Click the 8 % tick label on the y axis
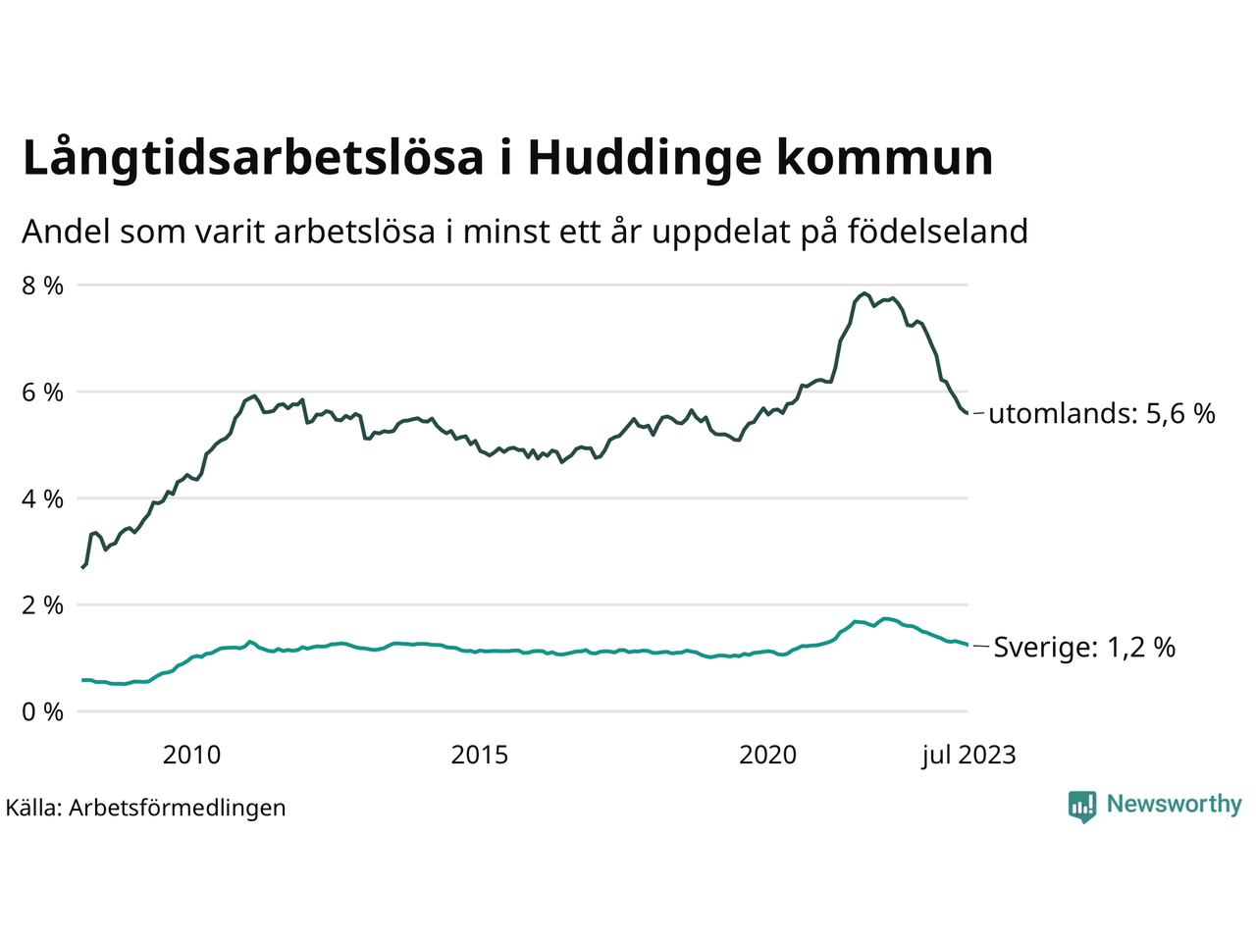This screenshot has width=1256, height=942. [x=42, y=286]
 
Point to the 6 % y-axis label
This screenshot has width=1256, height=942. [x=42, y=392]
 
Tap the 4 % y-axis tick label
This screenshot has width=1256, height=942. [x=42, y=499]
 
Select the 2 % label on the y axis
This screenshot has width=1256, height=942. [x=42, y=605]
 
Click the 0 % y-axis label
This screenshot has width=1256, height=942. [x=42, y=712]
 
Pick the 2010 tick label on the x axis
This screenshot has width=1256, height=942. [x=191, y=755]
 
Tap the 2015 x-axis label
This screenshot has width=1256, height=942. [x=480, y=755]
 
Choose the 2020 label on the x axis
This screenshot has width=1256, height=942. [x=768, y=755]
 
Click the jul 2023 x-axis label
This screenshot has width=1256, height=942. [x=968, y=755]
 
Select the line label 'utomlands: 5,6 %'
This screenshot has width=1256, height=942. [x=1102, y=414]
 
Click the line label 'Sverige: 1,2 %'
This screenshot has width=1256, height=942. [x=1084, y=648]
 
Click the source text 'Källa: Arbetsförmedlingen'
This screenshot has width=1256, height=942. [x=145, y=808]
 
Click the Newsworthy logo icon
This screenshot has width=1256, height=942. [x=1082, y=806]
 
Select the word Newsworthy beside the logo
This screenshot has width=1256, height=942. [x=1174, y=805]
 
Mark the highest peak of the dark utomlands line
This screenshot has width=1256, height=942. [x=863, y=292]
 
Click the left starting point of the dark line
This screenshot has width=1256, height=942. [x=82, y=568]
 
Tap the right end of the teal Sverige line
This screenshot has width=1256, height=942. [x=968, y=645]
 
